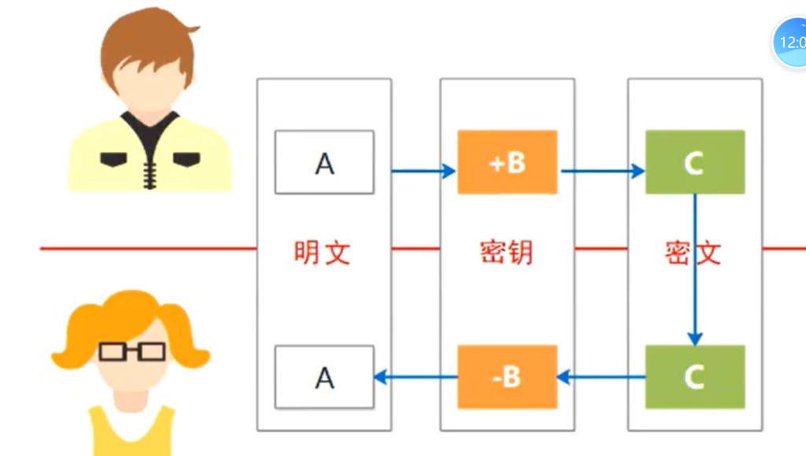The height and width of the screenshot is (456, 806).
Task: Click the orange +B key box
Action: [x=507, y=162]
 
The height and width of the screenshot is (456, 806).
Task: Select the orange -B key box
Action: [x=507, y=376]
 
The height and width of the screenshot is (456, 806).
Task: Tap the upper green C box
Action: [x=694, y=162]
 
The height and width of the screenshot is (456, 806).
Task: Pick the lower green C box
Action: [x=694, y=376]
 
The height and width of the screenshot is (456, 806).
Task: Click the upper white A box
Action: [x=324, y=162]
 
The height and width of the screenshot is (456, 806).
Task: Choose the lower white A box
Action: [x=324, y=377]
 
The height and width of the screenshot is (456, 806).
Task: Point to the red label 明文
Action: [x=322, y=252]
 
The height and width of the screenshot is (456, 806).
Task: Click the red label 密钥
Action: [x=506, y=252]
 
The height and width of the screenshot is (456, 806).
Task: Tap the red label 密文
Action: [x=693, y=252]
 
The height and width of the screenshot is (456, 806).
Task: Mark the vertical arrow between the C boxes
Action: [x=694, y=268]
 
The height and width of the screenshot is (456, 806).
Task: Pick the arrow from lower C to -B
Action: [x=601, y=377]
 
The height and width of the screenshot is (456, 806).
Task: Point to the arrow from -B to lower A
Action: [x=416, y=377]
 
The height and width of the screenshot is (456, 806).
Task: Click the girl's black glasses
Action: [x=132, y=350]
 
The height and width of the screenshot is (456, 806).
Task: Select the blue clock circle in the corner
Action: [x=790, y=41]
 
